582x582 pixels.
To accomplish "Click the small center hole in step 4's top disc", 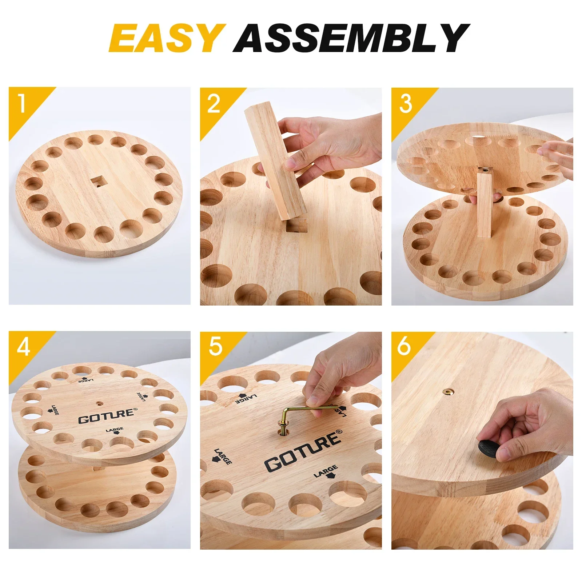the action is [99, 403].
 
